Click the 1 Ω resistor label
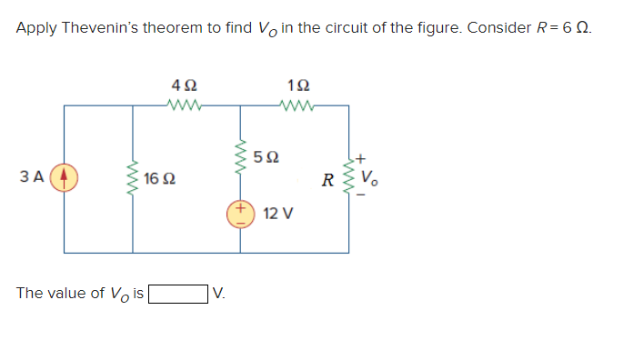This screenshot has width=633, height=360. (297, 85)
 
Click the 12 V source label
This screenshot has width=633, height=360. (277, 215)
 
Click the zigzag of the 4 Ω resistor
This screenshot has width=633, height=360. (186, 105)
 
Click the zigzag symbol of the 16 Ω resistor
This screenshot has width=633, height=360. (134, 178)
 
